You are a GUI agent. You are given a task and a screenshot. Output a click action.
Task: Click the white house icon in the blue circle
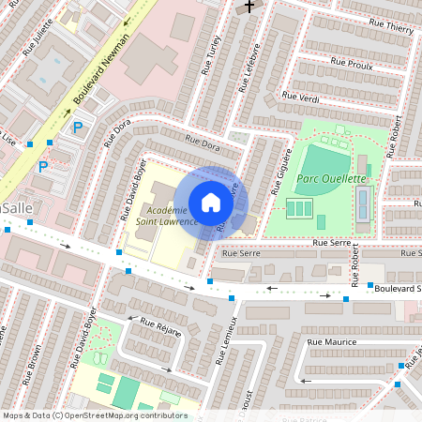point(211,202)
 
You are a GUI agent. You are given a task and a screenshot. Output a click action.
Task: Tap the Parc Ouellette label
point(331,177)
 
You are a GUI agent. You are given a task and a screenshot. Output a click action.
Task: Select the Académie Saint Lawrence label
point(166,216)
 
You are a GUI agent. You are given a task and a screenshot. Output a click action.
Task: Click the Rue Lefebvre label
point(246,69)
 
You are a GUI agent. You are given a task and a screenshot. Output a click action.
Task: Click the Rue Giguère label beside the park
point(279,174)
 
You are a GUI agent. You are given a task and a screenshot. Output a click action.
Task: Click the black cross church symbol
point(249,7)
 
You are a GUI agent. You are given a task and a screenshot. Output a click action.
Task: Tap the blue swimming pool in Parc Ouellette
point(363,199)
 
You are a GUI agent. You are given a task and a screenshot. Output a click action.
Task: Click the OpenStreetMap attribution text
point(94,415)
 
